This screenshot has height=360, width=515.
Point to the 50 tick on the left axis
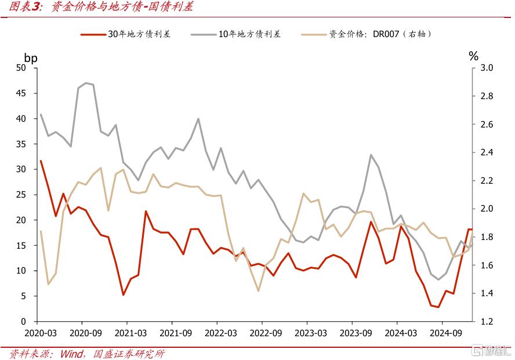(21, 68)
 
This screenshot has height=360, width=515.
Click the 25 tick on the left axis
(21, 195)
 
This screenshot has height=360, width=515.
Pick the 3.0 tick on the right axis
(487, 68)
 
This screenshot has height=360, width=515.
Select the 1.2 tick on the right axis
(487, 322)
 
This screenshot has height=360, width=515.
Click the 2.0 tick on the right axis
(487, 209)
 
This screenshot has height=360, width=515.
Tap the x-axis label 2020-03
(37, 334)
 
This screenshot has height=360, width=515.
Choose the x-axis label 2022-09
(262, 334)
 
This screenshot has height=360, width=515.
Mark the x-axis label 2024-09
(443, 334)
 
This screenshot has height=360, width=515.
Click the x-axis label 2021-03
(127, 334)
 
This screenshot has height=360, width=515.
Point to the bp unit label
(31, 57)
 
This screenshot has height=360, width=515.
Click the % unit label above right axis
(474, 56)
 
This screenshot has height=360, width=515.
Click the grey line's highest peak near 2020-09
(86, 83)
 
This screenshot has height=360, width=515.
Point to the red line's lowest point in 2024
(438, 307)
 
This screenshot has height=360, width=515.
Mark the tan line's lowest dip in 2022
(258, 290)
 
